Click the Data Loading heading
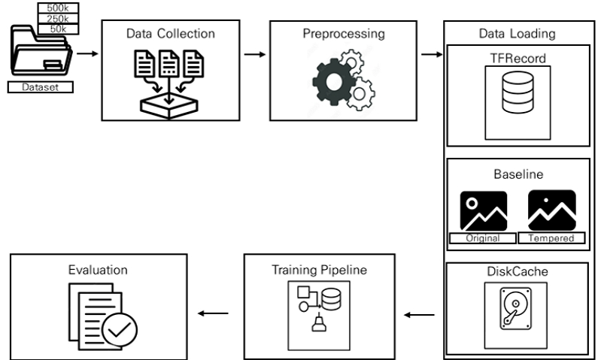(x=518, y=34)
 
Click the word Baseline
(x=518, y=174)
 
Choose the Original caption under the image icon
(x=483, y=238)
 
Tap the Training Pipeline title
(x=320, y=269)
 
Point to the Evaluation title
(x=96, y=269)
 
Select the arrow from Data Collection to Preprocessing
(x=256, y=54)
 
